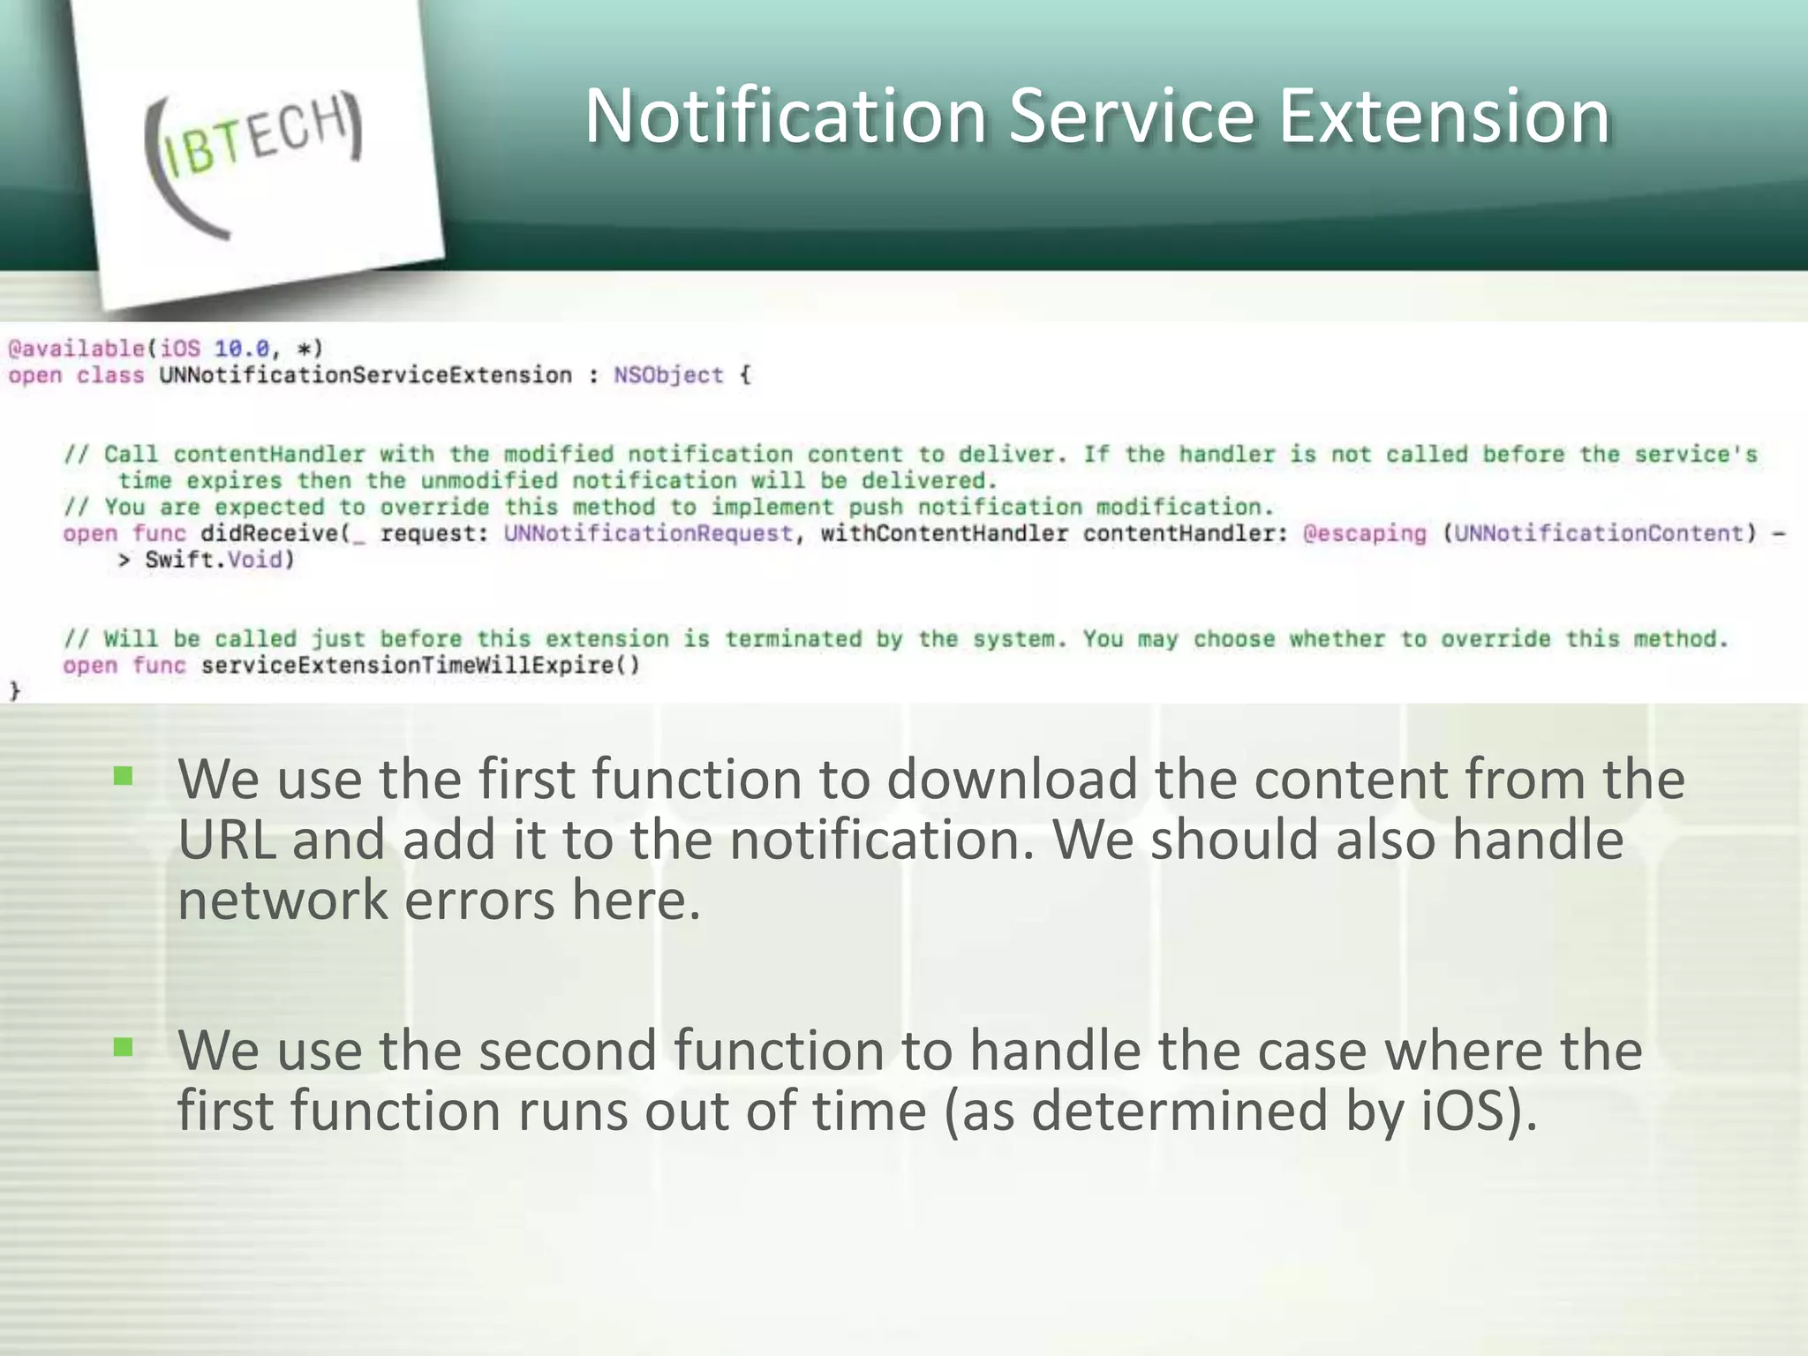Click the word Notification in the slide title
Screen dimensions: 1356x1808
pos(785,116)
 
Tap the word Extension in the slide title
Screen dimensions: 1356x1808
pos(1444,116)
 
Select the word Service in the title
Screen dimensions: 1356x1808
pos(1131,116)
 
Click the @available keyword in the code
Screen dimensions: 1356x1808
pos(76,349)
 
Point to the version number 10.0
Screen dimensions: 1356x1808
pos(241,349)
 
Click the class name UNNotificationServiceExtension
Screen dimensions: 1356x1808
pos(365,375)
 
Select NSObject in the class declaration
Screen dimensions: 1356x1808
pos(668,375)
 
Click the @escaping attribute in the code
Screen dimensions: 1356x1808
pos(1364,533)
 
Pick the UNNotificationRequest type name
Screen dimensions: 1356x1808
pos(648,533)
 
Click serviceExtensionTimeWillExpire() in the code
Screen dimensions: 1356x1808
pos(420,665)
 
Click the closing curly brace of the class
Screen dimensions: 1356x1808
pos(15,690)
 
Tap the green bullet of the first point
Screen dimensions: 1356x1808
pos(123,776)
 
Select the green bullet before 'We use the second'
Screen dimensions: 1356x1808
pos(123,1047)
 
